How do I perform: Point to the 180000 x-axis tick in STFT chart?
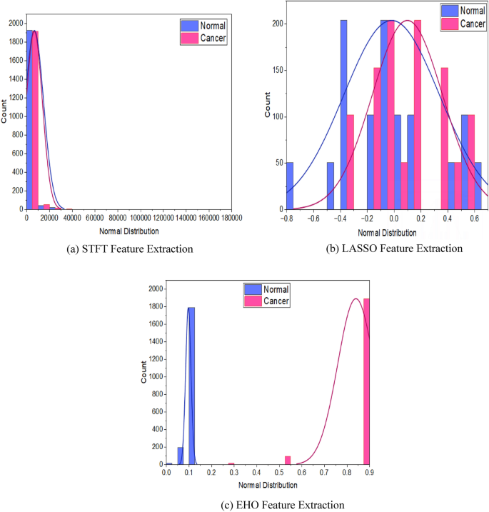(231, 218)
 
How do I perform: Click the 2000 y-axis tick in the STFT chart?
(14, 23)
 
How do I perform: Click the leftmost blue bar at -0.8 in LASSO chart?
(289, 186)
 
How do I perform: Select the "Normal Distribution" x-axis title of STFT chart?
(128, 231)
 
